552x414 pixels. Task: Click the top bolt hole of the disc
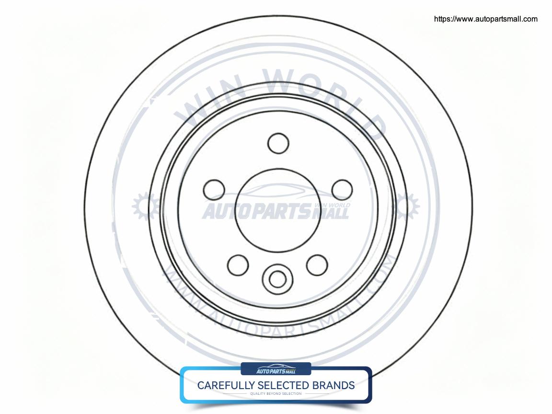coord(278,143)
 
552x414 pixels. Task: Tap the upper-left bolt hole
coord(214,189)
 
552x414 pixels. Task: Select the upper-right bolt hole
coord(342,189)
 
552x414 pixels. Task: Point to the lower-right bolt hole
coord(317,265)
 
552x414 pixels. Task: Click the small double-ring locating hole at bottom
coord(276,277)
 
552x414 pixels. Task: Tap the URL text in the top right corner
coord(485,19)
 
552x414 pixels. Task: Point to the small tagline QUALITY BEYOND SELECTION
coord(276,394)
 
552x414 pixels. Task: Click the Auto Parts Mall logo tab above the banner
coord(276,369)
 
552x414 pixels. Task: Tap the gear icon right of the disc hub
coord(406,207)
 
